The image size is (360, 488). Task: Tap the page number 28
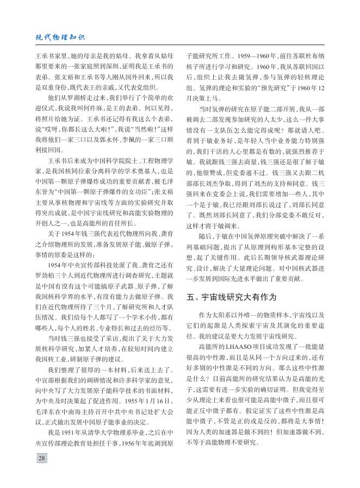[x=41, y=458]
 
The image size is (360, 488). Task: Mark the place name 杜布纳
[x=322, y=55]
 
